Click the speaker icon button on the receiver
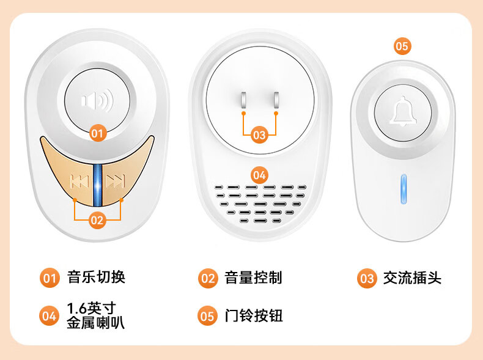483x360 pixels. click(97, 101)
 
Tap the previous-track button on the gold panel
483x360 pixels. click(79, 181)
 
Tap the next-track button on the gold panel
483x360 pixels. click(116, 181)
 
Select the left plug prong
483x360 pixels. click(244, 100)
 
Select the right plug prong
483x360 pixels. click(276, 100)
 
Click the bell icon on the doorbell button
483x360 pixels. click(403, 111)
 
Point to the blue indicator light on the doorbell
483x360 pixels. click(404, 189)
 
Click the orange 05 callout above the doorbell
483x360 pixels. click(402, 46)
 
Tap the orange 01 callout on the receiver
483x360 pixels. click(98, 133)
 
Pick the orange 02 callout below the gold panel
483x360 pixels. click(97, 220)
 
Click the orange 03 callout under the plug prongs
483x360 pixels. click(259, 135)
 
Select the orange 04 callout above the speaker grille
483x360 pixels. click(259, 175)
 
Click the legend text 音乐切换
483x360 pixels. click(97, 277)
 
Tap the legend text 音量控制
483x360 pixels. click(253, 277)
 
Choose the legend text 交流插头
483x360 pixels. click(412, 277)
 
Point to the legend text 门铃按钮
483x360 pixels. click(254, 315)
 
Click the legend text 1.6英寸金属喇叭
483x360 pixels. click(96, 315)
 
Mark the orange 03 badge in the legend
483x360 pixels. click(367, 278)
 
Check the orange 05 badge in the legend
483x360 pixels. click(207, 316)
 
